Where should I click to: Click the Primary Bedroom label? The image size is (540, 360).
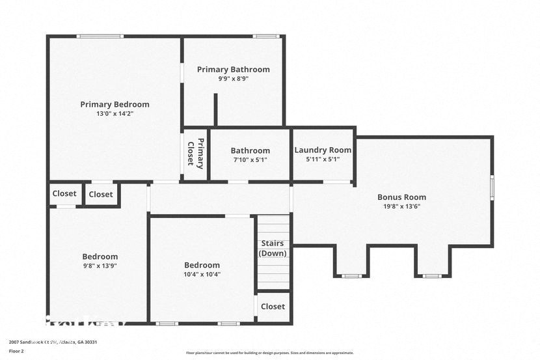click(x=115, y=104)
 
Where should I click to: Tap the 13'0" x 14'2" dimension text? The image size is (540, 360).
click(x=115, y=113)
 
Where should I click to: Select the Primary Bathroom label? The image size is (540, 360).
click(x=233, y=69)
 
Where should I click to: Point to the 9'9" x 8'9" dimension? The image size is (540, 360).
click(x=233, y=78)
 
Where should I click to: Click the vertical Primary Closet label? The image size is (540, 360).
click(x=196, y=154)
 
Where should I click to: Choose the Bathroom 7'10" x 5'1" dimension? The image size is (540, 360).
click(x=250, y=159)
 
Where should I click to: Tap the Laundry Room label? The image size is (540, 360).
click(x=323, y=150)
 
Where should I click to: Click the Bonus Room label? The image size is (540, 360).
click(x=401, y=197)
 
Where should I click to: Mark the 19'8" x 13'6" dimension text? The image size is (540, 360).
click(x=401, y=206)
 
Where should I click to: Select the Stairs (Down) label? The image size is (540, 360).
click(x=273, y=248)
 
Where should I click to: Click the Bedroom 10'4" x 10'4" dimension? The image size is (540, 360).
click(x=202, y=274)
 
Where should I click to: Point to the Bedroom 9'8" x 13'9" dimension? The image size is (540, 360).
click(x=100, y=266)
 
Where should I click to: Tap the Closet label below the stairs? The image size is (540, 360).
click(x=273, y=306)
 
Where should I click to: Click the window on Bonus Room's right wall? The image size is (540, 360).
click(x=492, y=187)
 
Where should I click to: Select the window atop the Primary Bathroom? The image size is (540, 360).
click(x=265, y=36)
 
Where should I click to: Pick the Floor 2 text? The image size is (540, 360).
click(x=18, y=351)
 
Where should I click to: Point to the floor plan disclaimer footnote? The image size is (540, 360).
click(x=270, y=353)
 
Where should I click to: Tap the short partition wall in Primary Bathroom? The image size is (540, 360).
click(x=215, y=109)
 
